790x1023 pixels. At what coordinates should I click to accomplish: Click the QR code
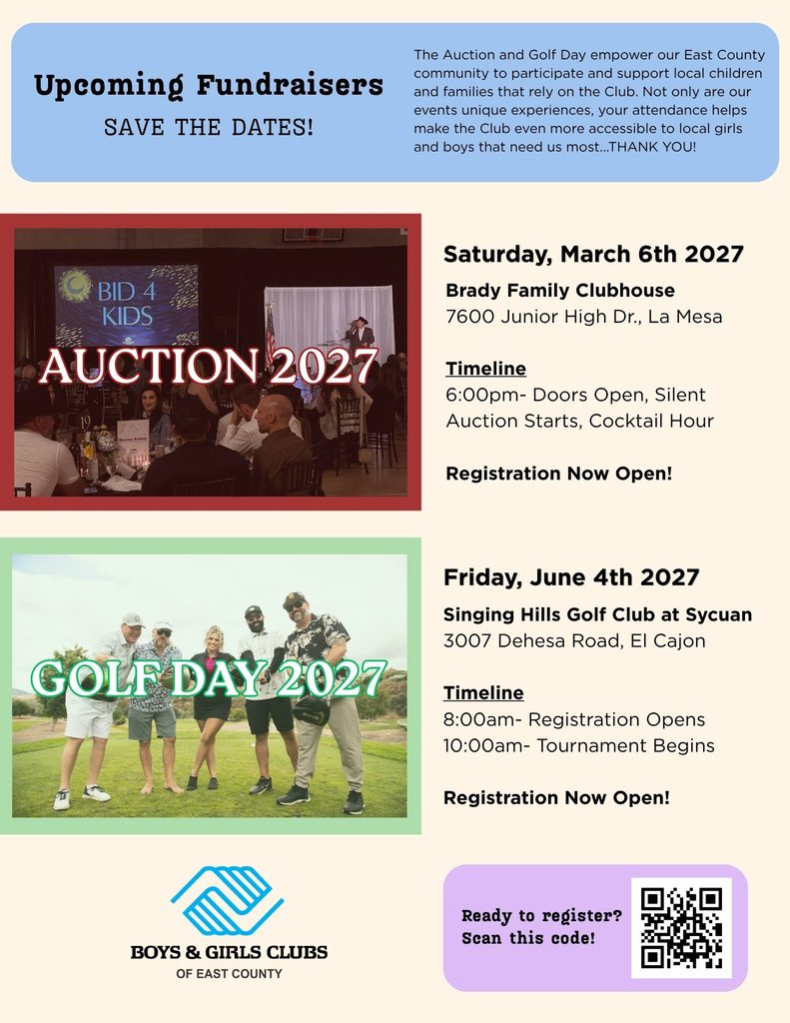(x=681, y=928)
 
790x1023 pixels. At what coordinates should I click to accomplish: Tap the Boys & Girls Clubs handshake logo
(x=227, y=900)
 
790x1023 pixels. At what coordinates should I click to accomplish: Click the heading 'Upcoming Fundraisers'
(x=208, y=86)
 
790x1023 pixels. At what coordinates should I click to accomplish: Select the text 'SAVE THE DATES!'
(x=209, y=127)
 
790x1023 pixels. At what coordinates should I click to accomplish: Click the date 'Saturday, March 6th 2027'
(x=593, y=254)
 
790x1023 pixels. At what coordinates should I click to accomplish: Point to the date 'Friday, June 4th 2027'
(x=571, y=577)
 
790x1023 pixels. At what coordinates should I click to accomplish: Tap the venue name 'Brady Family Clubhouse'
(x=560, y=291)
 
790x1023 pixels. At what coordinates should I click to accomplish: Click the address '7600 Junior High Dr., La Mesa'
(x=584, y=317)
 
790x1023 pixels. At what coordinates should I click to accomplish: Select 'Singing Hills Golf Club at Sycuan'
(x=597, y=614)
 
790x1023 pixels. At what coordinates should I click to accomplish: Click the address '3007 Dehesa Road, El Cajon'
(x=574, y=640)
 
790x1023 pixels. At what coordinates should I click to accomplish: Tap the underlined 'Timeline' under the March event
(x=486, y=369)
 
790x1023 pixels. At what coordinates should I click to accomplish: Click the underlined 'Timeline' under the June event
(x=483, y=693)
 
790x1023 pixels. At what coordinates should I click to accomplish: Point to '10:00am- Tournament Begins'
(x=578, y=745)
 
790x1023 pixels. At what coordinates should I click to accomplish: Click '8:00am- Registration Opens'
(x=574, y=719)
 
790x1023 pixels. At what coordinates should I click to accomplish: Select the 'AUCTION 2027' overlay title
(x=209, y=366)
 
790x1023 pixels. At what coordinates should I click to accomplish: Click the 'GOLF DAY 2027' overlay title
(x=209, y=678)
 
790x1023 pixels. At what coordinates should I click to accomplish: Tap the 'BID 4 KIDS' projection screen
(x=127, y=305)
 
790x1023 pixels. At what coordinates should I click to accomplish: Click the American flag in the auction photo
(x=270, y=334)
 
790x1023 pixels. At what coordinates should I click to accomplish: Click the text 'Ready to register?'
(x=541, y=915)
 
